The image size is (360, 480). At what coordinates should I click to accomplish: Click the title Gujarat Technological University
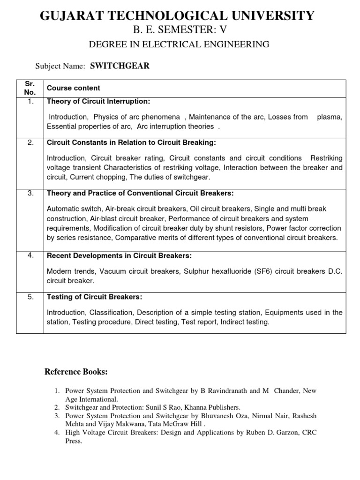(x=177, y=15)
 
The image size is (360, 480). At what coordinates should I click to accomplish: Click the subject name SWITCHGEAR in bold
(x=120, y=66)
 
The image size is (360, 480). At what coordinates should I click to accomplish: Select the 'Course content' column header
(x=73, y=88)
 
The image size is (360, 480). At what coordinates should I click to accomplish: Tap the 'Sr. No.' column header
(x=30, y=88)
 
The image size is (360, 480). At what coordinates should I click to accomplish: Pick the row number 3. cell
(x=30, y=194)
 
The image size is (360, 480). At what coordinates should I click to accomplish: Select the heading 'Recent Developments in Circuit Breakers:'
(x=119, y=256)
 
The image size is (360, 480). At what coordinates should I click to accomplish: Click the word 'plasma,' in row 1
(x=330, y=117)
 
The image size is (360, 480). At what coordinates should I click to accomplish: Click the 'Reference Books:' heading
(x=76, y=372)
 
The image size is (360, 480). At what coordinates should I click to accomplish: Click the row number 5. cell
(x=30, y=297)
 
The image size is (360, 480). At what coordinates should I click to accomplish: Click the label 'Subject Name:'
(x=60, y=67)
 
